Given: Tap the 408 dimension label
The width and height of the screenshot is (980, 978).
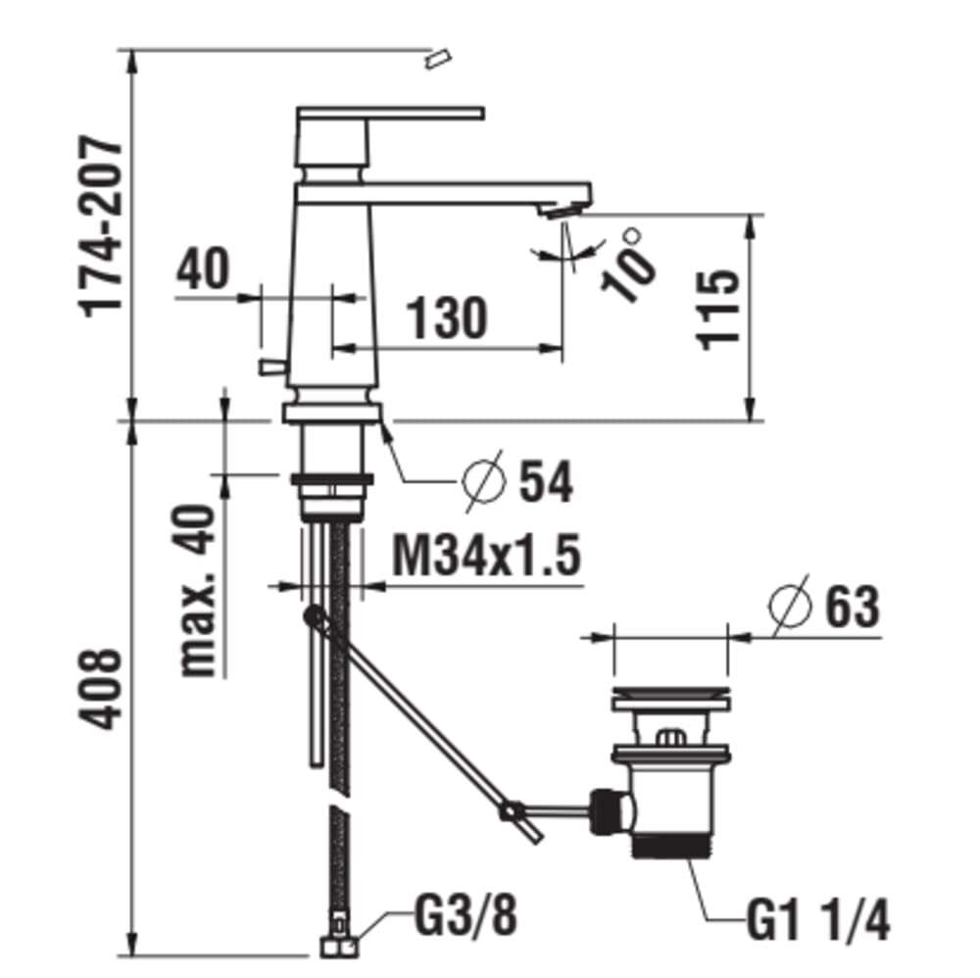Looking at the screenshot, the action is (x=100, y=689).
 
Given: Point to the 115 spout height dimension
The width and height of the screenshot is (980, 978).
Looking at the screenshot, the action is (x=717, y=311).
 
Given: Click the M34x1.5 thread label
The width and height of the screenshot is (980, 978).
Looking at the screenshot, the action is (x=486, y=555).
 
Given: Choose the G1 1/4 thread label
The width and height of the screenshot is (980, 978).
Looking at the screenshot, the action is (x=818, y=919).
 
